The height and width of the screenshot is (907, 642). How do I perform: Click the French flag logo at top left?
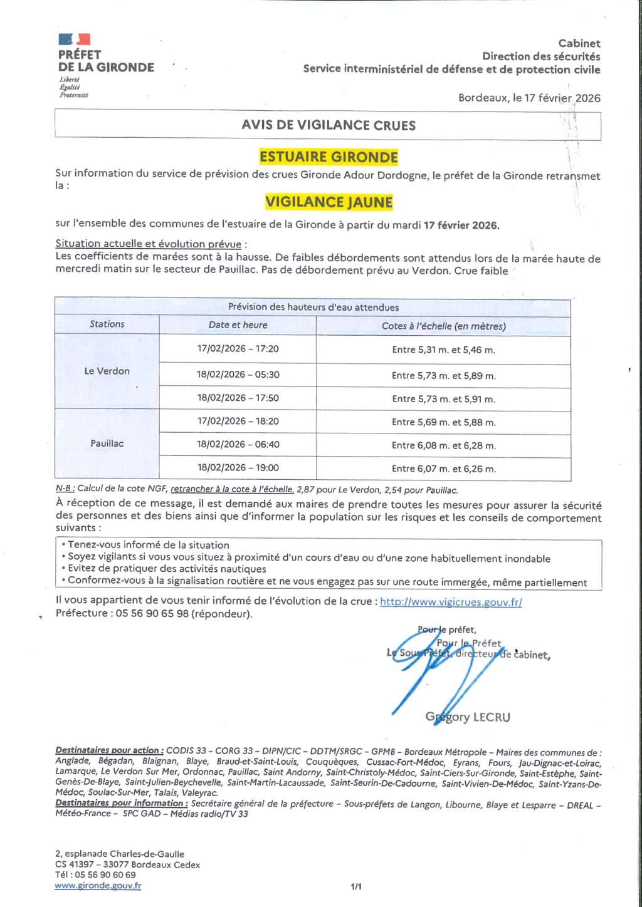(x=75, y=40)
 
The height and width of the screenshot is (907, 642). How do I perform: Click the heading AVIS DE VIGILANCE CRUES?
(x=329, y=125)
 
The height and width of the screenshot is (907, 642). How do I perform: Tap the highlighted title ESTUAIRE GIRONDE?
(x=329, y=157)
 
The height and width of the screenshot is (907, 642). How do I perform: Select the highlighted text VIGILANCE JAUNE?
(x=329, y=202)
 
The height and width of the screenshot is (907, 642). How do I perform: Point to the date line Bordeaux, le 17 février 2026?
(x=529, y=98)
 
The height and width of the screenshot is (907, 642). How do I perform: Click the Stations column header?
(x=107, y=324)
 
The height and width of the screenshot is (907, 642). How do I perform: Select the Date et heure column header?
(x=238, y=325)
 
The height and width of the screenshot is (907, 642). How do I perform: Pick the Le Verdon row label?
(x=107, y=371)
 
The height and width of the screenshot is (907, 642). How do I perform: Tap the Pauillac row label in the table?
(x=107, y=443)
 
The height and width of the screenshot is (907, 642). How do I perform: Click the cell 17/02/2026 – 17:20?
(x=238, y=349)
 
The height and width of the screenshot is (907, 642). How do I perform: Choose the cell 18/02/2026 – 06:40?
(x=238, y=445)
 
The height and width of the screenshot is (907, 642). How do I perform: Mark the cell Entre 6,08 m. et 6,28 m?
(x=443, y=445)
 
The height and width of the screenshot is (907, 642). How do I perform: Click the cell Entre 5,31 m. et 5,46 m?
(x=443, y=350)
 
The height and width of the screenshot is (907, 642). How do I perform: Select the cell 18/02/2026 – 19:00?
(x=238, y=468)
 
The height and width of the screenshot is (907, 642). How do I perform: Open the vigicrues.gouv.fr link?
(x=451, y=602)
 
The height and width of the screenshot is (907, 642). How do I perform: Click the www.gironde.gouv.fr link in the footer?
(x=98, y=886)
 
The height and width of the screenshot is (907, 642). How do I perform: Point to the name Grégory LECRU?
(x=468, y=717)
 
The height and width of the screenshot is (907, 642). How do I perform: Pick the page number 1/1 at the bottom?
(x=356, y=886)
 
